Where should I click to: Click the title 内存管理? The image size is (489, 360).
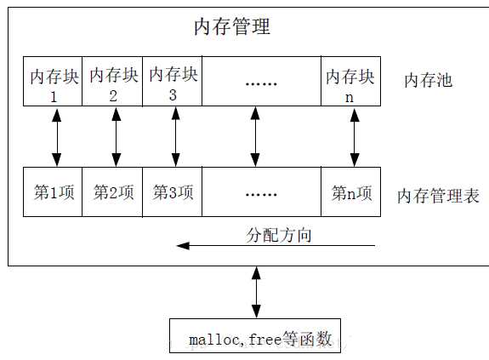(232, 27)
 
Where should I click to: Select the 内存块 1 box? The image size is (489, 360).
(54, 83)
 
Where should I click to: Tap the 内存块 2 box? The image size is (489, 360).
(113, 83)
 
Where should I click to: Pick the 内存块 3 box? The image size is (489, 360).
(173, 83)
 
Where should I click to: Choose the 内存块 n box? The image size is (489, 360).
(350, 83)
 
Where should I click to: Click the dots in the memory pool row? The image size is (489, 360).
(260, 83)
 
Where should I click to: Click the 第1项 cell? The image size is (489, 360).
(54, 192)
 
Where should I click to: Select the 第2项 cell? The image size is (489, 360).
(113, 192)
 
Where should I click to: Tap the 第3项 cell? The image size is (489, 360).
(173, 192)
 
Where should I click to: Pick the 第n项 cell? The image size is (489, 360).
(350, 192)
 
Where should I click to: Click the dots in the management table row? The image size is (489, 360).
(260, 193)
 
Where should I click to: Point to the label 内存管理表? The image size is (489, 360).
(438, 197)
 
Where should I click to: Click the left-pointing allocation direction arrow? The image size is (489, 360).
(276, 246)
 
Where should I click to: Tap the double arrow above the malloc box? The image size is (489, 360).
(256, 293)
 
